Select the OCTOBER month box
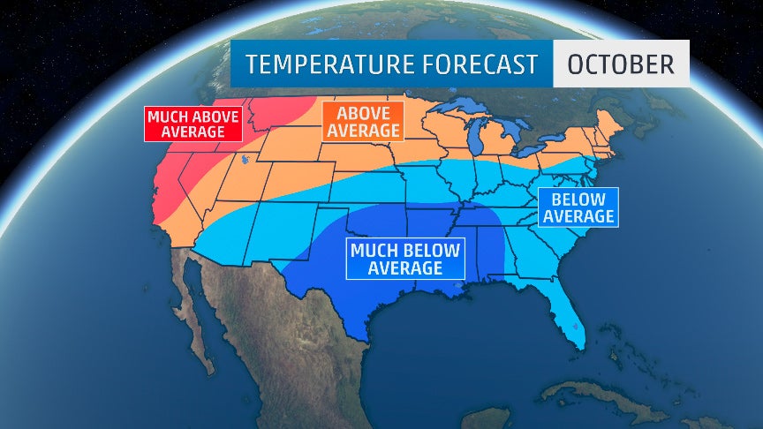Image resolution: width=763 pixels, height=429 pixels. [x=621, y=64]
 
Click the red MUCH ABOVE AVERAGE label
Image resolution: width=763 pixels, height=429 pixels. [x=193, y=124]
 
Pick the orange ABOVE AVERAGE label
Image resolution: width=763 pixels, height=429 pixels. [x=362, y=121]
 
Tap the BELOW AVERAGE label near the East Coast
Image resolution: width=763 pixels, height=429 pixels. [x=578, y=207]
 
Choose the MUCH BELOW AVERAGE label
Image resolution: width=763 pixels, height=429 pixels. [x=405, y=259]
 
